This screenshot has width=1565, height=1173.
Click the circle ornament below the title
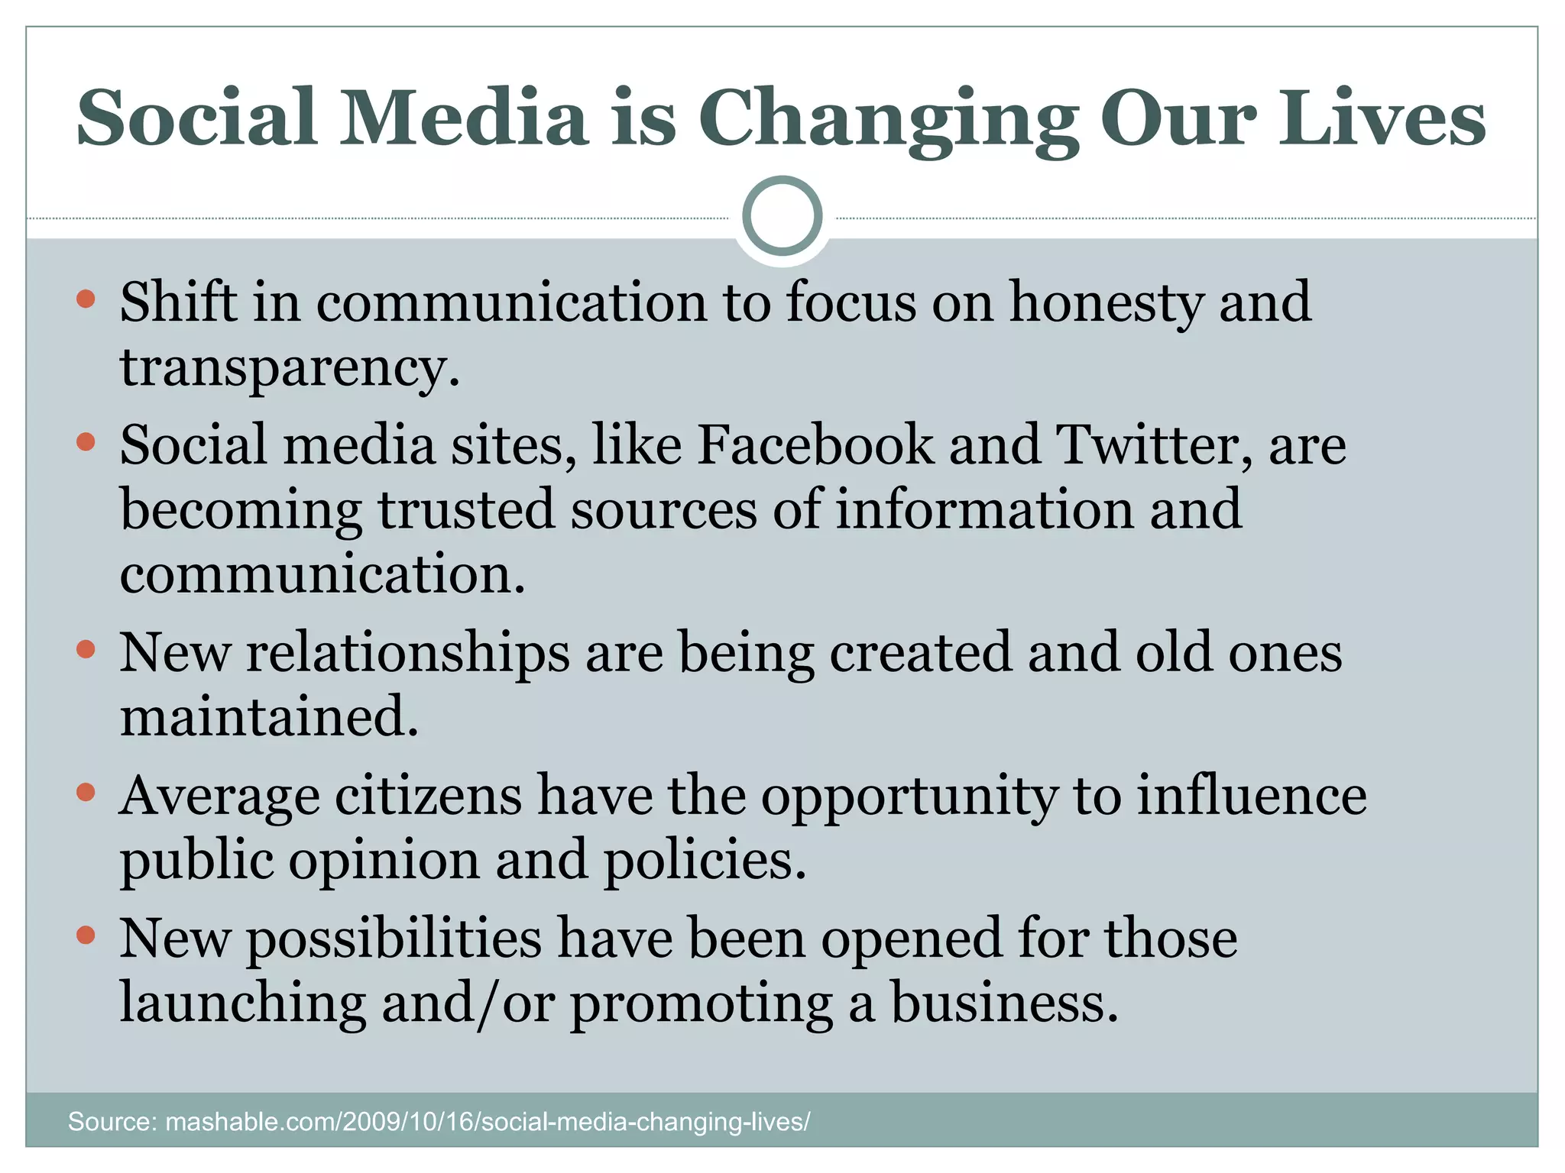782,215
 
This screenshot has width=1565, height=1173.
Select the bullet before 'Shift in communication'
86,299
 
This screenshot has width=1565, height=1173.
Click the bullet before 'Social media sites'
86,441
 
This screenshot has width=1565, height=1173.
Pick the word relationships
407,654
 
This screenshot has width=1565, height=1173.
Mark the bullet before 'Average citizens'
86,793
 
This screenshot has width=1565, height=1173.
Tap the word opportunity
909,797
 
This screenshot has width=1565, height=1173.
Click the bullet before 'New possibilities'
86,935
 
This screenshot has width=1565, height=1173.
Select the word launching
243,1003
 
